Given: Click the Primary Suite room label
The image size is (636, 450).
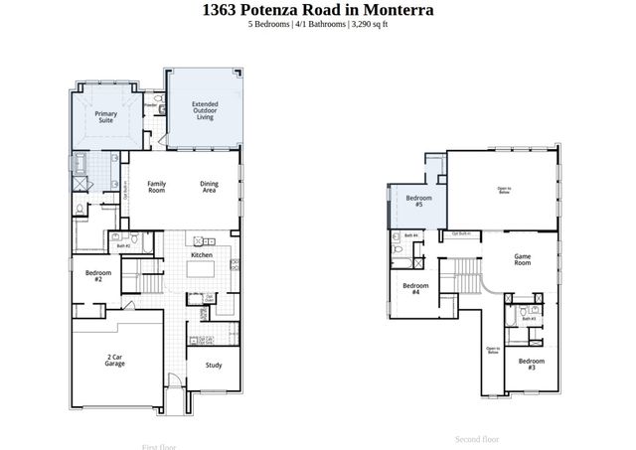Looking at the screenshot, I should (105, 117).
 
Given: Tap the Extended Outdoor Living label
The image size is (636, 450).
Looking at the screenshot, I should (205, 110).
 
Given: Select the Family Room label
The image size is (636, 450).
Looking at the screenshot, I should (156, 187).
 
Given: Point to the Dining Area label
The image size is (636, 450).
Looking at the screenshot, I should (209, 187).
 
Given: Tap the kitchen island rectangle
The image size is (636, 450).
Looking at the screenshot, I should (202, 269).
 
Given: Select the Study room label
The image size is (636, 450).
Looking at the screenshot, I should (213, 365).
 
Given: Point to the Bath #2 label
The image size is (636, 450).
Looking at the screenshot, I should (123, 245).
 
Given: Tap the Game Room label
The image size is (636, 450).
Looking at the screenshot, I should (522, 260).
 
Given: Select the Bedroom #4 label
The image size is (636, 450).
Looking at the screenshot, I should (413, 289).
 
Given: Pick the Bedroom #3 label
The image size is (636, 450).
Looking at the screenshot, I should (531, 364).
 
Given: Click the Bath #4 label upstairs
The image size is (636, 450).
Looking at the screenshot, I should (410, 235).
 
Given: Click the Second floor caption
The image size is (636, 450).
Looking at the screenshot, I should (477, 438).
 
